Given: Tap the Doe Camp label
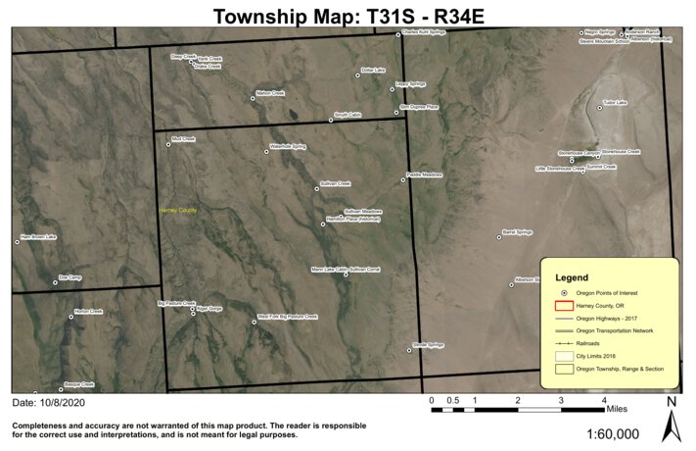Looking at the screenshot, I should tap(70, 277).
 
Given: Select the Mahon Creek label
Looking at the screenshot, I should tap(269, 93).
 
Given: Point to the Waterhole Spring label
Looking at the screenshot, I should tap(288, 147).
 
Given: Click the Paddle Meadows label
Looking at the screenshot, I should tap(425, 175).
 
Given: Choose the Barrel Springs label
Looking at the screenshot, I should tap(517, 232).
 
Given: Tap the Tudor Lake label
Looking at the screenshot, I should tap(614, 102).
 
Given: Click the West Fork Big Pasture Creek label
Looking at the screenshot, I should tap(288, 317).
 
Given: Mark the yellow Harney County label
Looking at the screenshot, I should tap(178, 210).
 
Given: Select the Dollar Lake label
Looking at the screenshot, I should tap(373, 70).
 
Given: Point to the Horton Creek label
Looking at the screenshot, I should tap(88, 312).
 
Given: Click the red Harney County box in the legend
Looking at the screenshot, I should tap(564, 305).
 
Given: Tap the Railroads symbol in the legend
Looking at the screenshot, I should tap(564, 344).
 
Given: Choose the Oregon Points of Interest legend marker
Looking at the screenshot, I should tap(564, 292).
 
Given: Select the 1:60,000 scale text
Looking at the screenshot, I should tap(613, 434).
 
